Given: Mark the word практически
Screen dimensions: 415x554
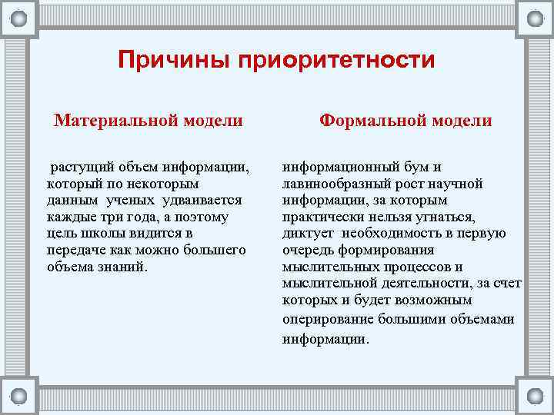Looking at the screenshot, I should (x=322, y=217).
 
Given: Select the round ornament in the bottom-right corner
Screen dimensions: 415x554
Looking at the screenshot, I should (x=534, y=396).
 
